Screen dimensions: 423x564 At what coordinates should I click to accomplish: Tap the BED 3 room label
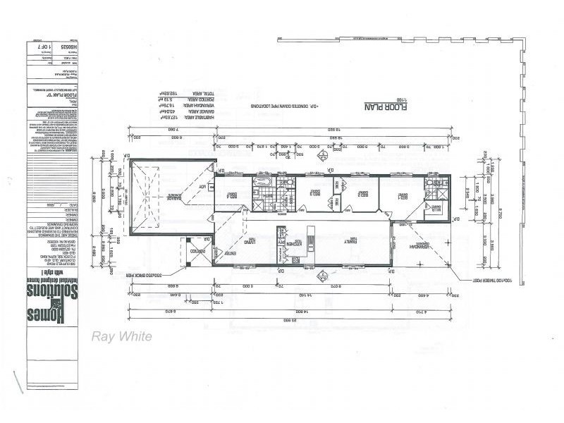click(x=312, y=192)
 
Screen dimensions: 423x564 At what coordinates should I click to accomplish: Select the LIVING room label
click(x=230, y=240)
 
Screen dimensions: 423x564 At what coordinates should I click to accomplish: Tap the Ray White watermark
click(x=121, y=336)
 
